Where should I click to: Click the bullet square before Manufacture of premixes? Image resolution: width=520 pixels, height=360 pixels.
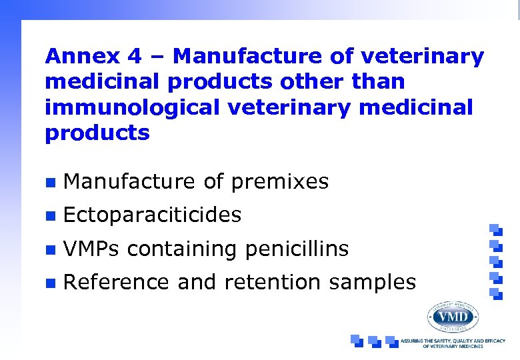pos(48,181)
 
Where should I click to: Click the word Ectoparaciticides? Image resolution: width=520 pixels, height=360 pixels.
pos(152,215)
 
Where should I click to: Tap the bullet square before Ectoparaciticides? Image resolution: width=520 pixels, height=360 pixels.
pos(48,215)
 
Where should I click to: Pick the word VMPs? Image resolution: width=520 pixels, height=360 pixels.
pos(92,249)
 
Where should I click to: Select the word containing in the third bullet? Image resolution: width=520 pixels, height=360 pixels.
pos(183,249)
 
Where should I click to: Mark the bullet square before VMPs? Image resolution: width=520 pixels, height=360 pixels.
pos(48,249)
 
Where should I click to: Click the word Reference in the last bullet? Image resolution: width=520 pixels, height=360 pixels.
pos(116,282)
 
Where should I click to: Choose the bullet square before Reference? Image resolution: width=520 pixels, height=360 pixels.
pos(48,283)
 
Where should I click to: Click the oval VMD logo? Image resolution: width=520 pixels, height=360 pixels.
pos(453,317)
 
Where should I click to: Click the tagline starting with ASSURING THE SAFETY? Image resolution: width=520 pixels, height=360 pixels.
pos(459,343)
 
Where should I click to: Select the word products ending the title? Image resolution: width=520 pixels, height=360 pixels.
pos(97,133)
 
